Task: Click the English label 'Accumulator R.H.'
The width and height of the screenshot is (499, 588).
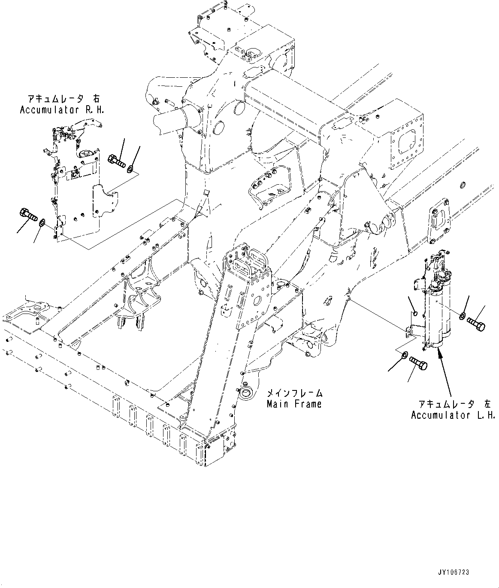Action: coord(62,110)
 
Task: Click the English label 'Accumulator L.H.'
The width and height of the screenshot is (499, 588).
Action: coord(453,415)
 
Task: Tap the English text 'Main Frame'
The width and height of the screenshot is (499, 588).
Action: coord(294,404)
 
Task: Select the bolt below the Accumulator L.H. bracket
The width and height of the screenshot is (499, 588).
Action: coord(417,364)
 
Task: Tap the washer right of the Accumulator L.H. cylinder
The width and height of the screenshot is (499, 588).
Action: coord(463,317)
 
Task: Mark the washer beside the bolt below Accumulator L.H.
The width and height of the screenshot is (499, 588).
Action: coord(404,356)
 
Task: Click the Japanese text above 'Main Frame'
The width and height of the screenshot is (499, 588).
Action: coord(294,393)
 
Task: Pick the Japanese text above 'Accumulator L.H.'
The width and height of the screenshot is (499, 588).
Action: coord(455,404)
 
